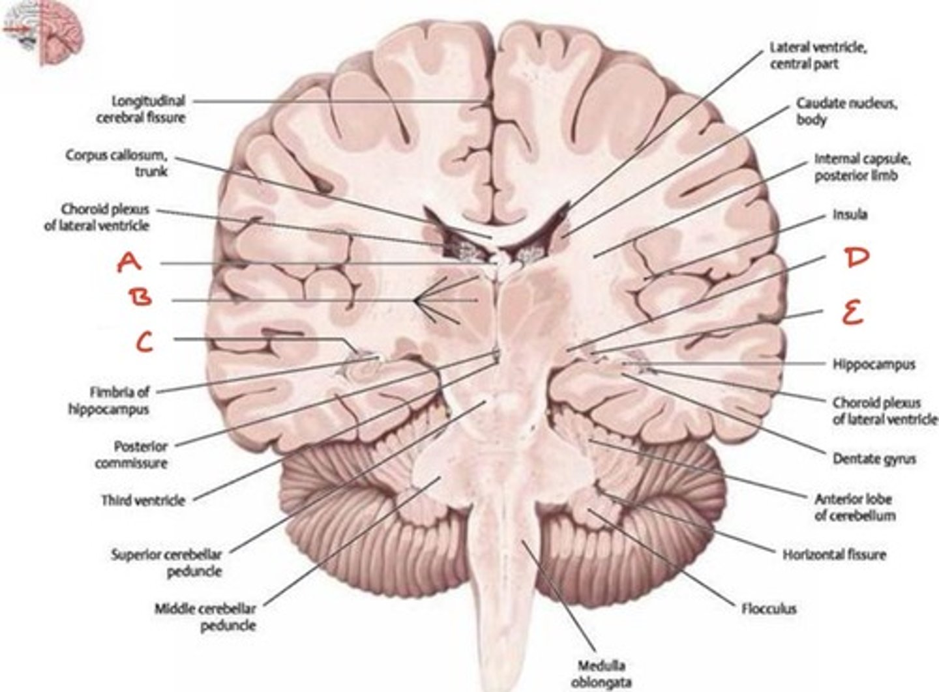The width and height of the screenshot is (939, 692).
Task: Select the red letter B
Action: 141,298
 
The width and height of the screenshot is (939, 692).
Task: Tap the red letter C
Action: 145,341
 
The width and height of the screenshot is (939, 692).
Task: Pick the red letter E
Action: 852,315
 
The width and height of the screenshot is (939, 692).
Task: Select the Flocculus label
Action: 769,609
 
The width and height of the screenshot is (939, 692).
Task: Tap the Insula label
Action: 850,214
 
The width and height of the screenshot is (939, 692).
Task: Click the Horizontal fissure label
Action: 834,555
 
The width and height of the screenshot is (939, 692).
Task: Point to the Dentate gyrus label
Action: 874,459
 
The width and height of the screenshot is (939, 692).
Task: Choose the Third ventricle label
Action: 143,500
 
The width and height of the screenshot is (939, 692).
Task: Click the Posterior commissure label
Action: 132,455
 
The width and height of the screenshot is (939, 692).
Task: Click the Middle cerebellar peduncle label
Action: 205,616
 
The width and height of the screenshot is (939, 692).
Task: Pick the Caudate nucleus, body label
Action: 846,111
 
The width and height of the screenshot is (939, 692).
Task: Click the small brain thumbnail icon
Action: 43,33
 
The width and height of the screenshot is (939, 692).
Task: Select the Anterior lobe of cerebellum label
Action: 854,507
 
